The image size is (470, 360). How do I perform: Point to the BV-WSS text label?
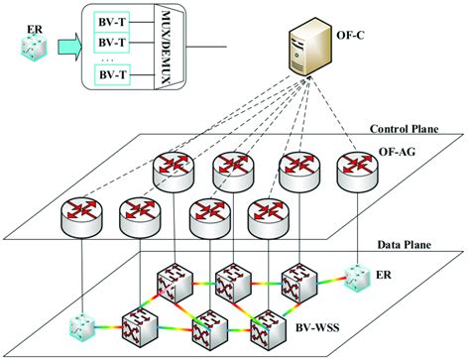[315, 324]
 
